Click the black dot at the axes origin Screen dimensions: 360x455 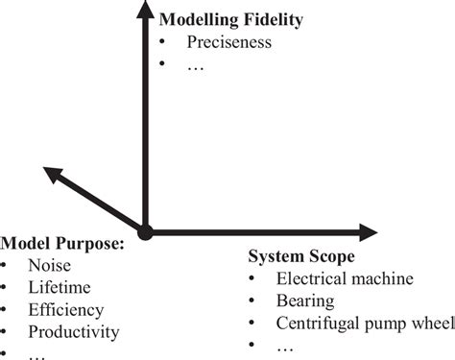pyautogui.click(x=145, y=231)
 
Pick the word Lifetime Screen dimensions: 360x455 pyautogui.click(x=60, y=288)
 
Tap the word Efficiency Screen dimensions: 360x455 pyautogui.click(x=65, y=310)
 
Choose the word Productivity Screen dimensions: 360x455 pyautogui.click(x=74, y=332)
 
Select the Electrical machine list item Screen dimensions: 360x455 pyautogui.click(x=345, y=279)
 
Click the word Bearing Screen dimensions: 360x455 pyautogui.click(x=305, y=301)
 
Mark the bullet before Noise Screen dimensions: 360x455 pyautogui.click(x=7, y=267)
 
